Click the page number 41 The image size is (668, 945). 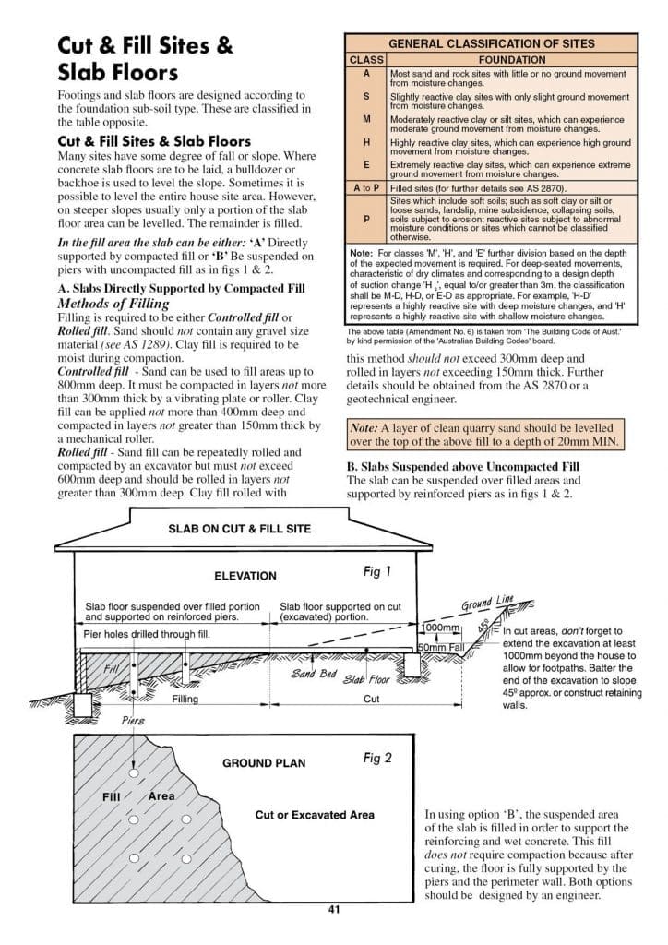(x=334, y=909)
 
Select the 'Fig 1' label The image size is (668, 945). (x=377, y=572)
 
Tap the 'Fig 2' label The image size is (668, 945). (x=377, y=758)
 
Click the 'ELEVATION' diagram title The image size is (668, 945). (x=245, y=576)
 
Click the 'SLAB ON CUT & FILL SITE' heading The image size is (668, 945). (x=239, y=529)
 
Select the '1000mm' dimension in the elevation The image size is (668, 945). (x=440, y=628)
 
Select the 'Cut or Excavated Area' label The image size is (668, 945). (x=315, y=815)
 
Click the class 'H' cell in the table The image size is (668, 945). (x=366, y=143)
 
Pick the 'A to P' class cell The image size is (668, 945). (x=366, y=187)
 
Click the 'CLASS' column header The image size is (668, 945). (x=366, y=59)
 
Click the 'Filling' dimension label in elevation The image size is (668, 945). (x=185, y=700)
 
